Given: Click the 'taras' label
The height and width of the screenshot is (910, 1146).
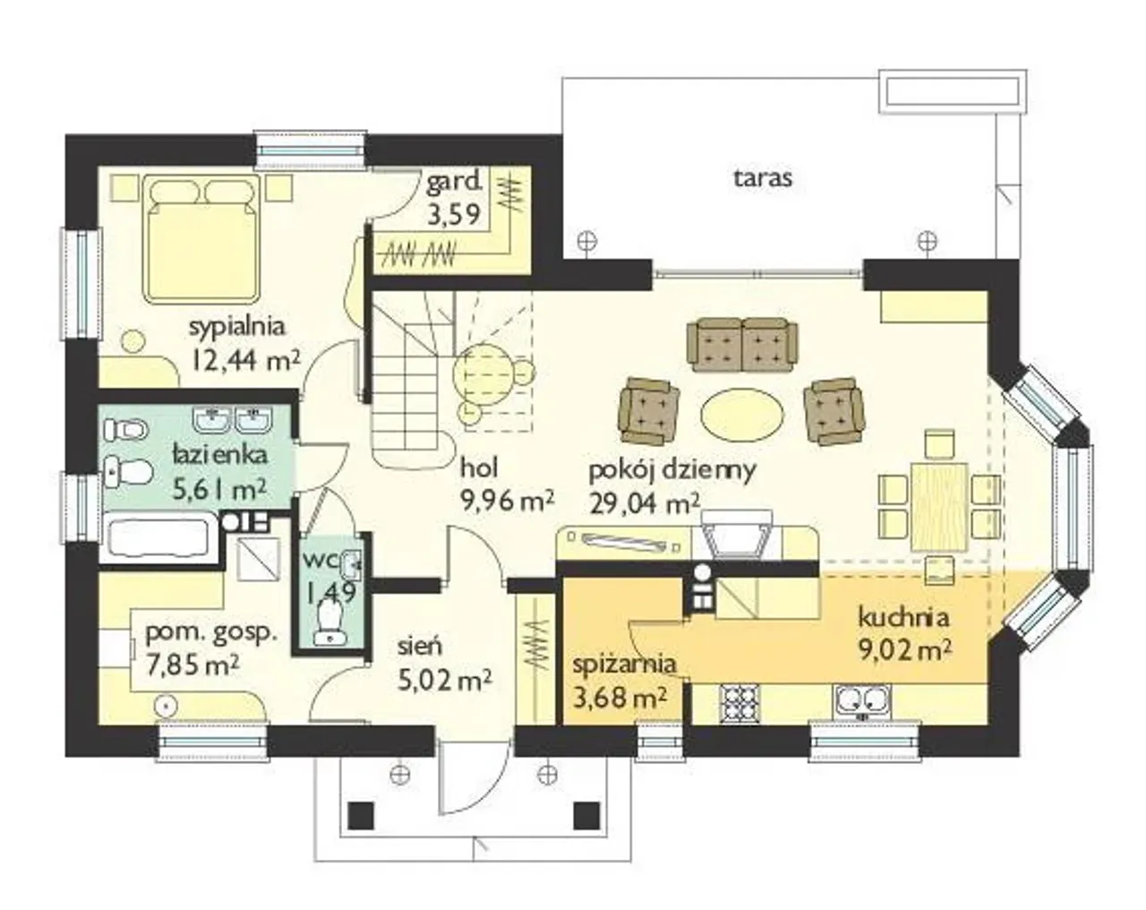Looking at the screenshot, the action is (763, 178).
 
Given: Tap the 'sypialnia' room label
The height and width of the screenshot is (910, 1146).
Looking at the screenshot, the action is (237, 327).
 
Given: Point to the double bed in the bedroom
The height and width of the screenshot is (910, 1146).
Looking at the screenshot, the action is (201, 238).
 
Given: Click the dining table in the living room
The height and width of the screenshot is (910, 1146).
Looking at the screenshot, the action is (939, 506).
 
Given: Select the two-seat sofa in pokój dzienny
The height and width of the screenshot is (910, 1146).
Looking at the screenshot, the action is (742, 344).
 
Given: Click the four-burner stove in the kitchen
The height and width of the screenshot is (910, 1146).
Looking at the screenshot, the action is (740, 704).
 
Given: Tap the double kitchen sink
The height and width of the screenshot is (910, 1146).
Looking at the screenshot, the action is (861, 703).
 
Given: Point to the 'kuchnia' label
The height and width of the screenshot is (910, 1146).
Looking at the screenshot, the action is (903, 618).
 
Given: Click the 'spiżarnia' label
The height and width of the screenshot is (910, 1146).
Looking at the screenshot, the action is (624, 665).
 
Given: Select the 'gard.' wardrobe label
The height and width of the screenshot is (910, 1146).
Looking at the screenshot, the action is (454, 183).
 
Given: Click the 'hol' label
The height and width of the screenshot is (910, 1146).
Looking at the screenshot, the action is (479, 468).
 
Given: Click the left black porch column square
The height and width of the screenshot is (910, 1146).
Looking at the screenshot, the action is (361, 815).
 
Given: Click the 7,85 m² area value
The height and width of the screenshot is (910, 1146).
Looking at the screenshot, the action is (192, 666).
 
